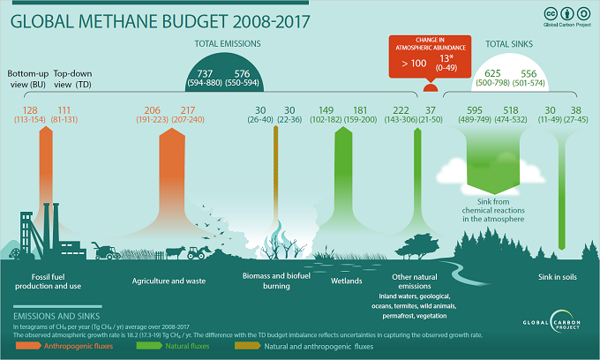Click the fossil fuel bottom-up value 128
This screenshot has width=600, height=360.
30,110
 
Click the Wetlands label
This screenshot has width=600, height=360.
347,281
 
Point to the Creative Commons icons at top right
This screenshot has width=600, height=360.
564,13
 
